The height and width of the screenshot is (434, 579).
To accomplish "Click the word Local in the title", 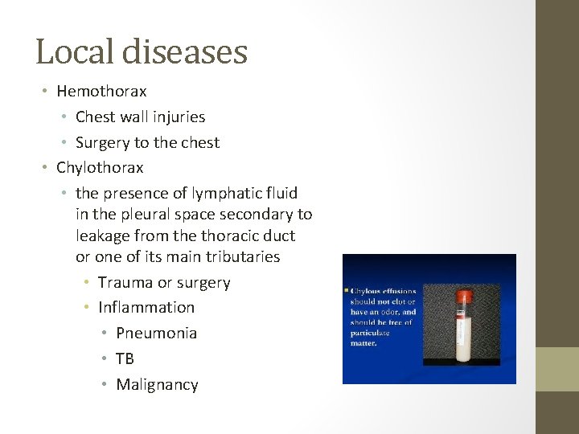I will coord(75,52).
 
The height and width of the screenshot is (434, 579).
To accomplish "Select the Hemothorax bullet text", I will coord(101,92).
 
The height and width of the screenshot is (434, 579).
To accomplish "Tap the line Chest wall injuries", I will coord(140,117).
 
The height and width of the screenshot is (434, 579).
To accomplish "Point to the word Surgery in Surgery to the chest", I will coord(102,143).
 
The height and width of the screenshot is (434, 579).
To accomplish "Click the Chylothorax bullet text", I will coord(100,168).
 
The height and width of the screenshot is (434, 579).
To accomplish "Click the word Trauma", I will coord(125,283).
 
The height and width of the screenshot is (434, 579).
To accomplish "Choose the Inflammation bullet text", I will coord(146,308).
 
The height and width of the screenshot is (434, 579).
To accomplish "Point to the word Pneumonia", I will coord(156,334).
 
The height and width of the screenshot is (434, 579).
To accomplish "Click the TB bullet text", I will coord(125,359).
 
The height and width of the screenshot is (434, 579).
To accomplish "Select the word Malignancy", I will coord(157,385).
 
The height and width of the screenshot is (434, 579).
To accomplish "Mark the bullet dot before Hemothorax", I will coord(45,92).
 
